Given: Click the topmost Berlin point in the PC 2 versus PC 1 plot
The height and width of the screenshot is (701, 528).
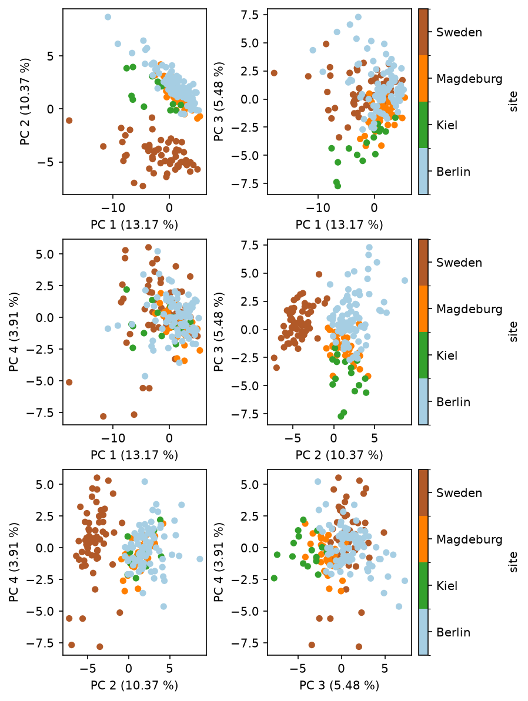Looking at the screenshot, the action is [108, 17].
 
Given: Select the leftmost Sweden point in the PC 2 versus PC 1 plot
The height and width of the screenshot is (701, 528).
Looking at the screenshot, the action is [69, 120].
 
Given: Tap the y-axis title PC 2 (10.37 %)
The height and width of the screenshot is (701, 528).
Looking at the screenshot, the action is [25, 102].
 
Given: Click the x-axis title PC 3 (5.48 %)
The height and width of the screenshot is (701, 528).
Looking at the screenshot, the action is [339, 685].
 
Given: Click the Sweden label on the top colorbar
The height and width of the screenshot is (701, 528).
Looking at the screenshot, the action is [459, 32].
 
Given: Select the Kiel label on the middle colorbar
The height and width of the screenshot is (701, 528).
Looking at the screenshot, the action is [447, 355].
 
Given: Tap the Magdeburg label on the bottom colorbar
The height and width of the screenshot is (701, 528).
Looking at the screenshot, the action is [469, 539].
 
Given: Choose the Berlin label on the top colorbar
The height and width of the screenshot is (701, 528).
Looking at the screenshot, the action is [453, 172].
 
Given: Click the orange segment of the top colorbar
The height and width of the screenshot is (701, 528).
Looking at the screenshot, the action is [423, 79].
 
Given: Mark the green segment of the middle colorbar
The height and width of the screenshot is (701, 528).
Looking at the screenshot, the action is [423, 355].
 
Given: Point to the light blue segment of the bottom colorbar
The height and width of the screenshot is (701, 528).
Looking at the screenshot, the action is [423, 632].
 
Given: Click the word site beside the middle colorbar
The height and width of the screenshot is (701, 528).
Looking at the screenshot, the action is [513, 332].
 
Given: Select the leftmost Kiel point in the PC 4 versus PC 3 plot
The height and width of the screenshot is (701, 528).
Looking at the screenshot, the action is [275, 578].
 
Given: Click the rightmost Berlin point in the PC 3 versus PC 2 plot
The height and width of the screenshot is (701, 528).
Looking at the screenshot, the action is [405, 280].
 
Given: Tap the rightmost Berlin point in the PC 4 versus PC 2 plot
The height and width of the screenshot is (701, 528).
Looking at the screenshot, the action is [199, 559].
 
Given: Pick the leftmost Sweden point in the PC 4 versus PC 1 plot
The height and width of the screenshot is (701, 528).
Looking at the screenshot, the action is [69, 383].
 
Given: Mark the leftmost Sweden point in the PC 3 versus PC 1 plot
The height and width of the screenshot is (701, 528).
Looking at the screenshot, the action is [274, 73].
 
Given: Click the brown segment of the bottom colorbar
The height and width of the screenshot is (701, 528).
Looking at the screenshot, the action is [423, 493].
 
